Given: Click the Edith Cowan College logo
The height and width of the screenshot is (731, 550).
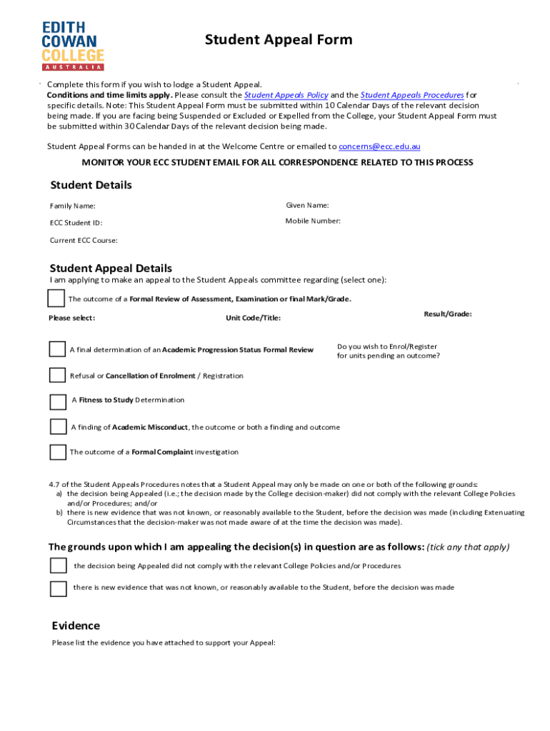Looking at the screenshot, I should point(74,44).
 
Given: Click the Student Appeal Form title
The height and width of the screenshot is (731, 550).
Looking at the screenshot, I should point(279,39).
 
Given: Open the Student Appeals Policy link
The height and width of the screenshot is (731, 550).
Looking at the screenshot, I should point(286,95).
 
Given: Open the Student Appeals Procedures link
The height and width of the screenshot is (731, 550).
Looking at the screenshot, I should point(412,95).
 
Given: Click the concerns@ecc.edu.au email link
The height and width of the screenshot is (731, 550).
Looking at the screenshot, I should point(379,146).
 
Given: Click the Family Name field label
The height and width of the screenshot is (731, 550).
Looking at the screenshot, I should point(72,206).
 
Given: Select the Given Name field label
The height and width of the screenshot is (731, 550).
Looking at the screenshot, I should point(307,206).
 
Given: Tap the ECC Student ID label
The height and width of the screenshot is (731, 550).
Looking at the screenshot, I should point(76,223).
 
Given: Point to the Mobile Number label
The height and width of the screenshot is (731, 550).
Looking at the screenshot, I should point(313,221).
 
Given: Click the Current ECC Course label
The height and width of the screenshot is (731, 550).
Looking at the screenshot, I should point(84,241).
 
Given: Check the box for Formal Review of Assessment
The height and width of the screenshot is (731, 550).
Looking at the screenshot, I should point(56,298).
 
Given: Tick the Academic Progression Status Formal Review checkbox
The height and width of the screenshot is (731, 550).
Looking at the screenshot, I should point(57,349).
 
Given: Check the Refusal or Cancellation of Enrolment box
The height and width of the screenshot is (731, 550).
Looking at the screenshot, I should point(57,375).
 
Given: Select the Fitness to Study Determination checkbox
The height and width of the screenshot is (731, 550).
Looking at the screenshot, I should point(58,401).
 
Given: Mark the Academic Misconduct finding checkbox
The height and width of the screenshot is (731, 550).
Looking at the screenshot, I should point(58,427).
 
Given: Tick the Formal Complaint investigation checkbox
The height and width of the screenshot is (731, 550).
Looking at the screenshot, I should point(57,452).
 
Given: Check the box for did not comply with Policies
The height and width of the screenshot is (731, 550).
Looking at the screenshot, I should point(58,565).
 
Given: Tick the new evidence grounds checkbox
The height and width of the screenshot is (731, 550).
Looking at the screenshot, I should point(58,588).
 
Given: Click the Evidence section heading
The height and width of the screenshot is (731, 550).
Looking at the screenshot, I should point(76,626).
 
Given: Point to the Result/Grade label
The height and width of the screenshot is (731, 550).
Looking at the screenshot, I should point(448,314).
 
